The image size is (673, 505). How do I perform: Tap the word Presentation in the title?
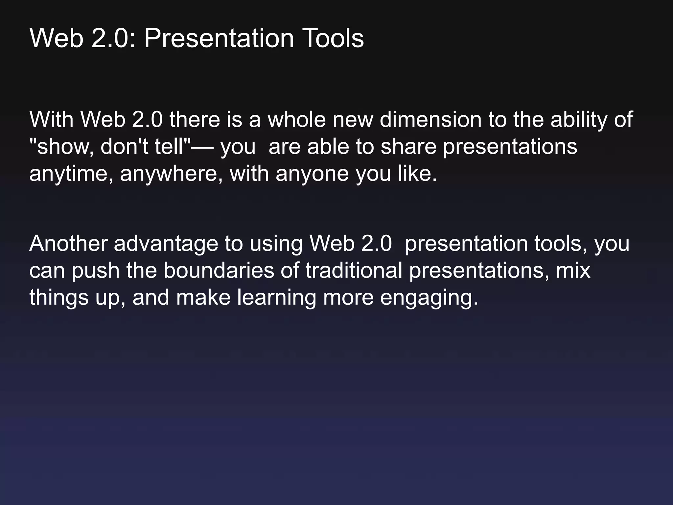[219, 38]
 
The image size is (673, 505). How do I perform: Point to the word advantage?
[166, 244]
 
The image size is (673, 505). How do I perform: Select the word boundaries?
[219, 271]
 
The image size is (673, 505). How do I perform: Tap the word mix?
[573, 271]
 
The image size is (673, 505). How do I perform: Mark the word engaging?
[429, 298]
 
